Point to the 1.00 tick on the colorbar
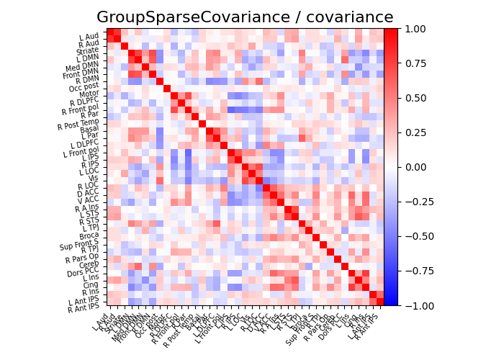[414, 29]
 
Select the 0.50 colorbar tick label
[414, 98]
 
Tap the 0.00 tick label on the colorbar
[414, 167]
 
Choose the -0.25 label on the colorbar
[417, 202]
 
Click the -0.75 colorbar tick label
[417, 271]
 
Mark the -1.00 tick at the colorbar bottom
[417, 305]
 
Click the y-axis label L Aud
[89, 36]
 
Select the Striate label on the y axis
[88, 51]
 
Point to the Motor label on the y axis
[89, 93]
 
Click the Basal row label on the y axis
[89, 128]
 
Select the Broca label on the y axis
[89, 236]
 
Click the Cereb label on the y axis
[89, 263]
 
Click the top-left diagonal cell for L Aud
[110, 32]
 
